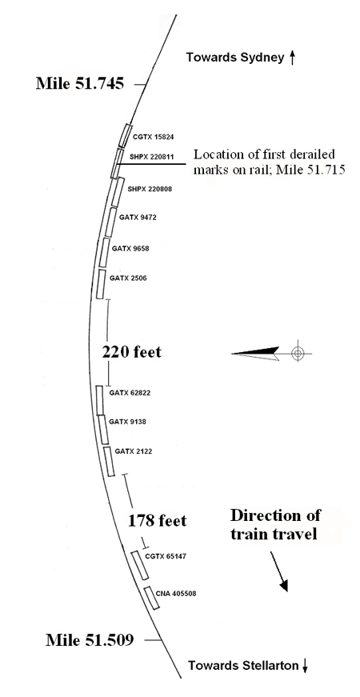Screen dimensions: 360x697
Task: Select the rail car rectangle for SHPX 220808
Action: point(117,193)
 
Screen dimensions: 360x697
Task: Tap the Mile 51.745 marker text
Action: point(80,83)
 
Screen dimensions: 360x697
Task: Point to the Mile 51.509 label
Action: point(90,640)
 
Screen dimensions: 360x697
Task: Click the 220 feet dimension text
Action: point(131,352)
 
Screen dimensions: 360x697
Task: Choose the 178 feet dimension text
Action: point(157,520)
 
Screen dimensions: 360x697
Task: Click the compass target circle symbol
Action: point(298,354)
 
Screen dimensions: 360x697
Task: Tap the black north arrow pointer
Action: point(255,354)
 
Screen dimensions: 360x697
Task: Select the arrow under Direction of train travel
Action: point(279,571)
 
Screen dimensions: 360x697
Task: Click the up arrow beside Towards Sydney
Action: point(292,58)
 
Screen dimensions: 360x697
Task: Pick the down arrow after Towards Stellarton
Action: point(305,666)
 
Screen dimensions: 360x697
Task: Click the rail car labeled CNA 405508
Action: point(151,598)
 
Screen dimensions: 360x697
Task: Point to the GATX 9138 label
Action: point(127,422)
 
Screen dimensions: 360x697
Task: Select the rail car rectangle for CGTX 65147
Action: point(139,565)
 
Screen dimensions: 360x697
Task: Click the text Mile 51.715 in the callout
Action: point(313,170)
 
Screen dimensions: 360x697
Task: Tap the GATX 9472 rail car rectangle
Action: point(110,222)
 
